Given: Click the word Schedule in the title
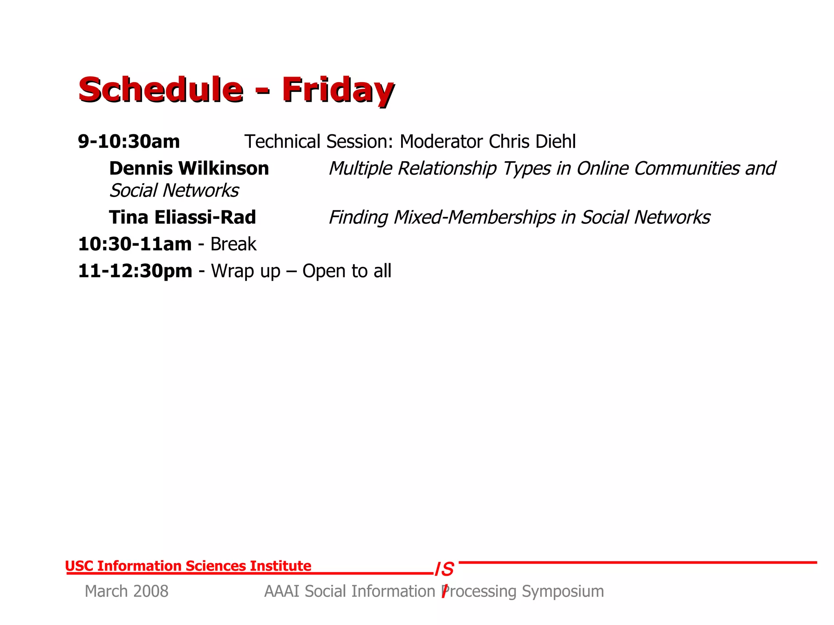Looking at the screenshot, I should pos(161,90).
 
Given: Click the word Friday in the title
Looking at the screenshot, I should pos(338,90).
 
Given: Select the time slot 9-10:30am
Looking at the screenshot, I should pos(129,142).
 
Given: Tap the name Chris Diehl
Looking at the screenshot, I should pos(532,142).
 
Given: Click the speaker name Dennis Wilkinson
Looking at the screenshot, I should pos(189,168).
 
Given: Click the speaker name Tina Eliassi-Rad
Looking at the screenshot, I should pos(182,217).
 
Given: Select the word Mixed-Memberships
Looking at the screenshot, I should pos(474,217).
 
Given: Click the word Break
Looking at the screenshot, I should pos(233,244).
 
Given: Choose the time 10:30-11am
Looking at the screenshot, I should pos(135,244).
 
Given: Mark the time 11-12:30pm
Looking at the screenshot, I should pos(135,271).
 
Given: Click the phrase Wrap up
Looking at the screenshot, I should pos(246,271).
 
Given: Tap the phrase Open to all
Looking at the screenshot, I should pos(347,271).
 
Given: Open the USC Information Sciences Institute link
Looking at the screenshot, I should pos(188,566).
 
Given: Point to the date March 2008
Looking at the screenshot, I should pos(126,591).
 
